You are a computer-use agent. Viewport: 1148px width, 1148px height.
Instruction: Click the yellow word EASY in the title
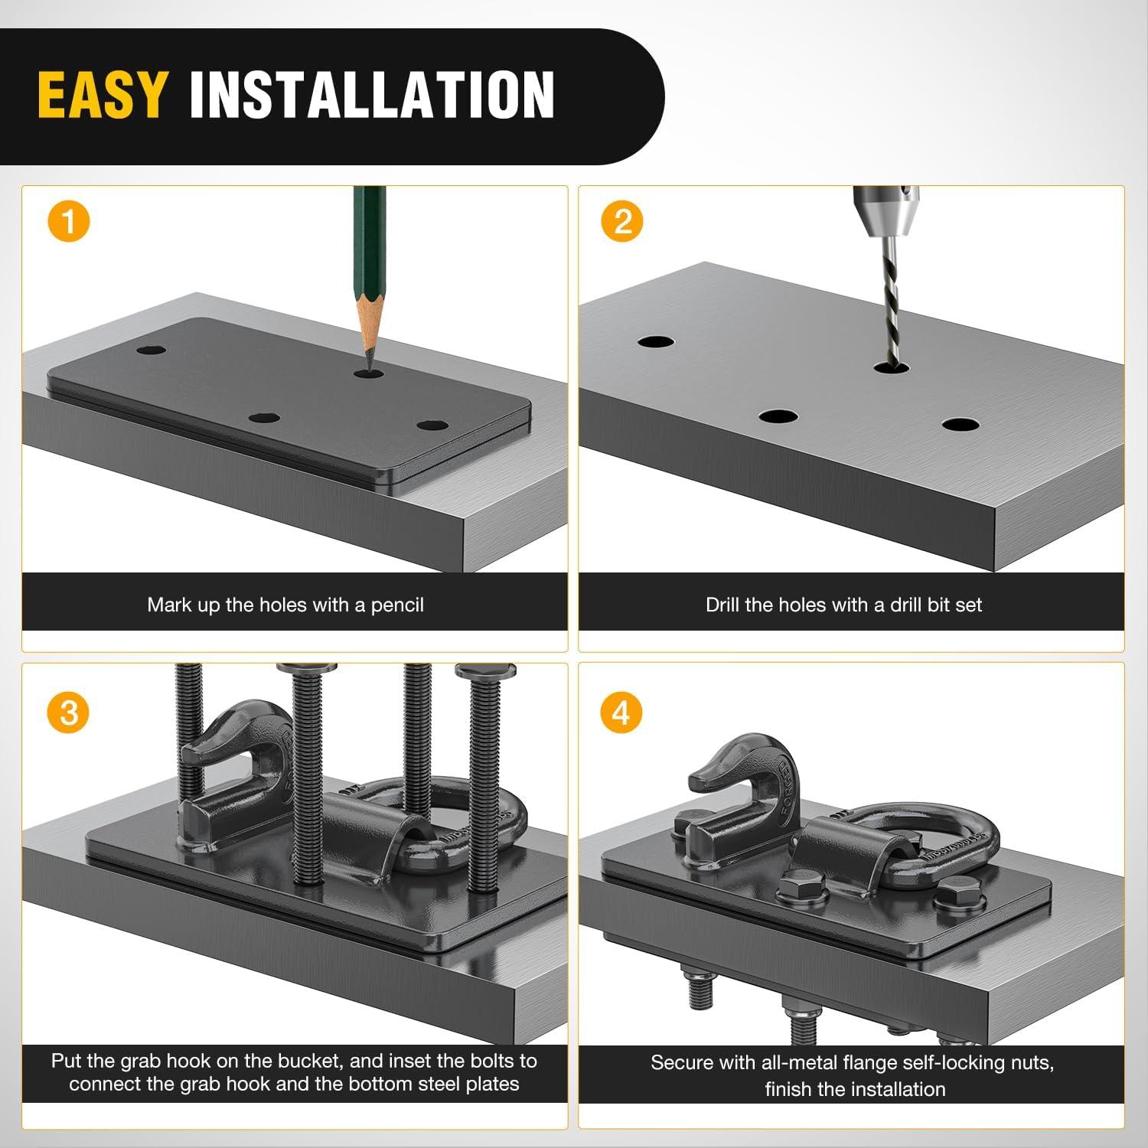[x=101, y=94]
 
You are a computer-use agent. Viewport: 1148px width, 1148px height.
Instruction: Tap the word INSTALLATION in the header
[x=372, y=94]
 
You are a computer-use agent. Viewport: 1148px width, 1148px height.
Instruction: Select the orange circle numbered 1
[x=69, y=222]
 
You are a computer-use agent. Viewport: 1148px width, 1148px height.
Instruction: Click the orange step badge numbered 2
[x=622, y=222]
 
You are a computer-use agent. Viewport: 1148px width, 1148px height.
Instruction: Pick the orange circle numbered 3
[x=69, y=713]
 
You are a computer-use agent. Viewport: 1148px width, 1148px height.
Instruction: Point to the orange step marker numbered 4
[x=621, y=713]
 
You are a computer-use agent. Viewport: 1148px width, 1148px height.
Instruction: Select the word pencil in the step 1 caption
[x=397, y=605]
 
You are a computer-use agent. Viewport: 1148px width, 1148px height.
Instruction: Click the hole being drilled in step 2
[x=891, y=368]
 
